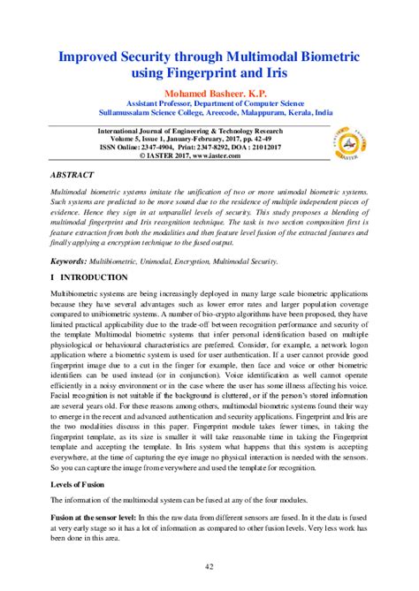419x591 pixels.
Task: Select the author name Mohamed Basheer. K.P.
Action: pos(209,91)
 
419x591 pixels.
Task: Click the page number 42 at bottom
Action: pos(209,566)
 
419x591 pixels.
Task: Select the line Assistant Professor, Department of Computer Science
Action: pos(209,102)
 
